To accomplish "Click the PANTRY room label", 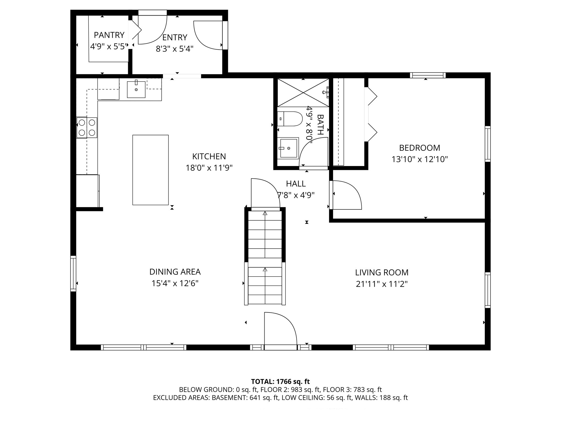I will [x=109, y=35].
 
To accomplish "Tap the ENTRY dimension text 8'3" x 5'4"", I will [x=174, y=49].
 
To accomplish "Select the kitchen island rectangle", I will [x=150, y=170].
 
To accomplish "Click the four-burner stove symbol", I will [x=87, y=128].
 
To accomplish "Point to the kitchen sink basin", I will [x=136, y=90].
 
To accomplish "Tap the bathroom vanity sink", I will [x=288, y=148].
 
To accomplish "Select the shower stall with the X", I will [x=303, y=92].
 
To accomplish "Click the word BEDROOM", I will [x=419, y=148].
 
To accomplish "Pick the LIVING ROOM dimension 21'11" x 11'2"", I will [x=382, y=284].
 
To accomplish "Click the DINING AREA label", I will [x=175, y=272].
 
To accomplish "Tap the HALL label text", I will [x=296, y=184].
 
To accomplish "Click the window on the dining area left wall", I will [x=73, y=273].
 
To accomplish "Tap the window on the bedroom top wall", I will [x=428, y=75].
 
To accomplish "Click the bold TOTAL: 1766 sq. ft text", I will [x=280, y=382].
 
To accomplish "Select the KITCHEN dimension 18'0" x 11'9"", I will [x=209, y=168].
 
